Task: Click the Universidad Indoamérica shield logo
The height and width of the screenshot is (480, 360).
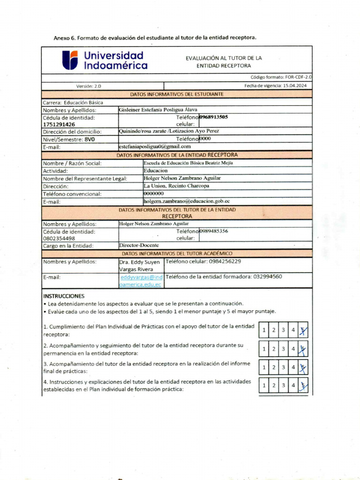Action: point(70,60)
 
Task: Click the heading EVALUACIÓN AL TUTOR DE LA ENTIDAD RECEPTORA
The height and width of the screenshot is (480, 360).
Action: point(224,62)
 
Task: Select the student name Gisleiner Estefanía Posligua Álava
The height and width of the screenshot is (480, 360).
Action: point(158,110)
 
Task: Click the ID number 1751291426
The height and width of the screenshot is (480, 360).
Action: point(59,125)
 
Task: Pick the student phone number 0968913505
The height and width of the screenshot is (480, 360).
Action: point(214,117)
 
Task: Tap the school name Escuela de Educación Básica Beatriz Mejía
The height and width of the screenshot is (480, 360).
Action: point(188,163)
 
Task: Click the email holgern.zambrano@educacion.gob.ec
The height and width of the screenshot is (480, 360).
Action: point(187,201)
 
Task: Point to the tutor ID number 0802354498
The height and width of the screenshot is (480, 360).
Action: point(59,238)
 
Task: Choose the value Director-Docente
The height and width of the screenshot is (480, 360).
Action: point(139,245)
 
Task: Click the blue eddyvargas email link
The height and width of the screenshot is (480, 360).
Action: point(141,281)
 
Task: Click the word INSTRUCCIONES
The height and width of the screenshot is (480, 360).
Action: point(64,296)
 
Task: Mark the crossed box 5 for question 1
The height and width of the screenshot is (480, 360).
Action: point(303,330)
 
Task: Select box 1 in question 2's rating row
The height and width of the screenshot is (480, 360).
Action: point(264,349)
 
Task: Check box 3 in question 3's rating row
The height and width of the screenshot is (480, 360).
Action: point(283,367)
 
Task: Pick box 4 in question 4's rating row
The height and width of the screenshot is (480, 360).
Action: point(293,386)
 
